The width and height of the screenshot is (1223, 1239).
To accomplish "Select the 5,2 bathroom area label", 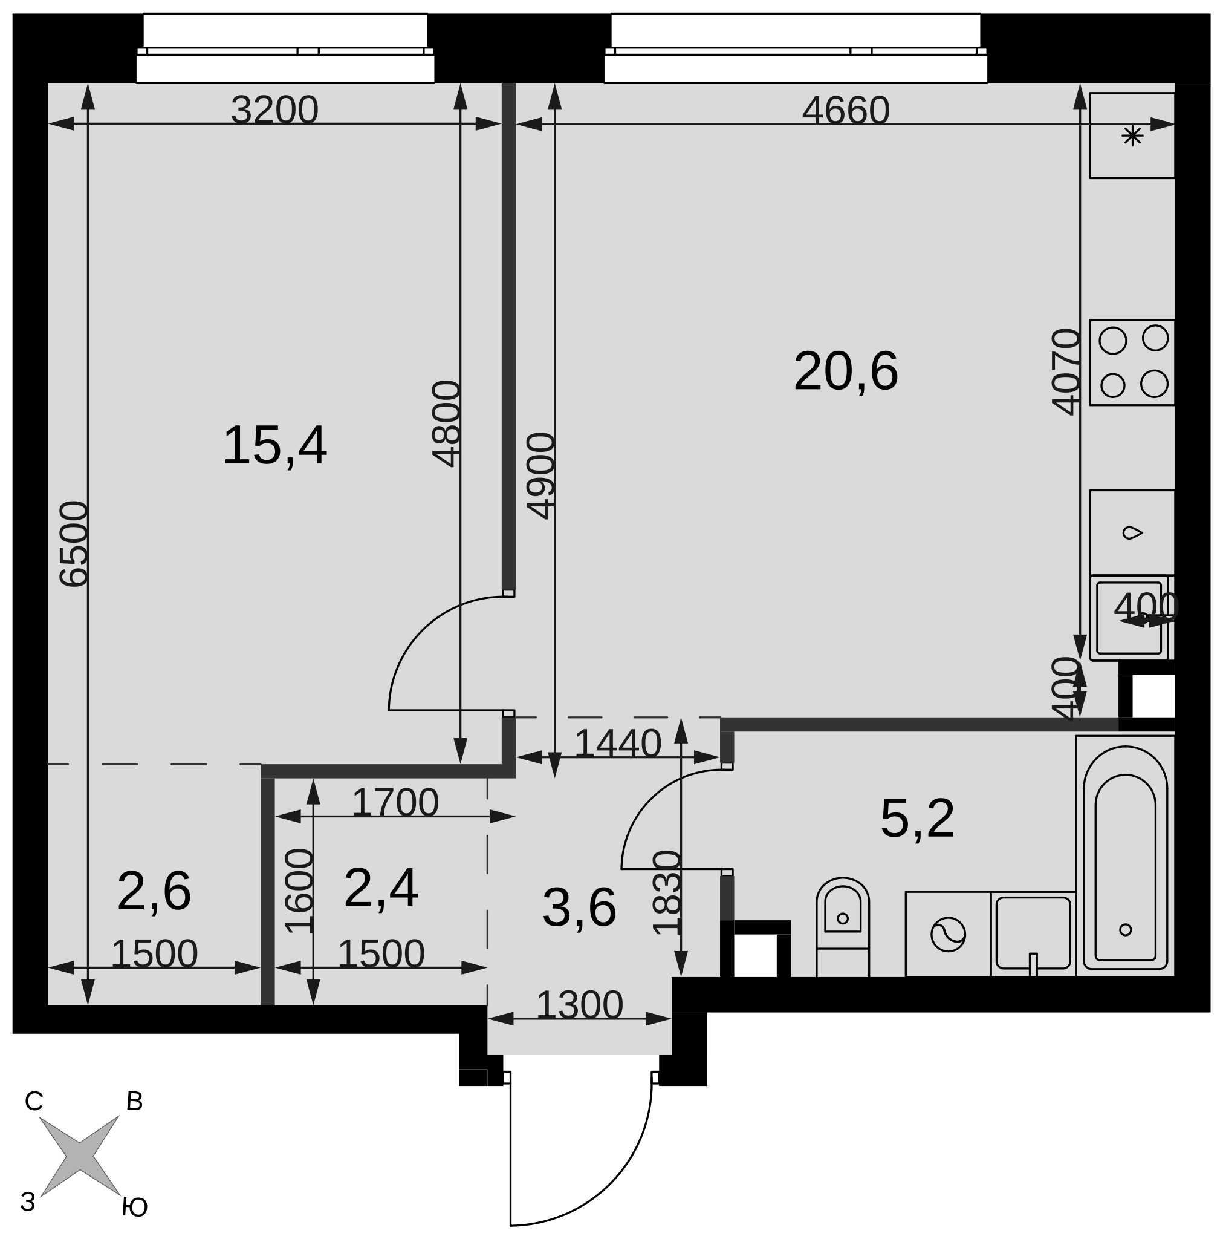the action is click(917, 819).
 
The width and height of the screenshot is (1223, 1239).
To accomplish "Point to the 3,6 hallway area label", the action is click(579, 908).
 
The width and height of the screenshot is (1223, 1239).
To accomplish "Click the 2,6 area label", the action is click(154, 891).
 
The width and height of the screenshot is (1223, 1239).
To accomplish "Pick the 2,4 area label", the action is click(381, 888).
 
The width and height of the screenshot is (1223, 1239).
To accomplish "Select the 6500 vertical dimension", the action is click(74, 544).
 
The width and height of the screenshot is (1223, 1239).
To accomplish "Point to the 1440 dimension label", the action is click(617, 744).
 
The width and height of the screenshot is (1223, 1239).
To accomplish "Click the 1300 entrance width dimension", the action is click(579, 1004).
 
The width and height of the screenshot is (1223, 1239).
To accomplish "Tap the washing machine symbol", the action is click(948, 934).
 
